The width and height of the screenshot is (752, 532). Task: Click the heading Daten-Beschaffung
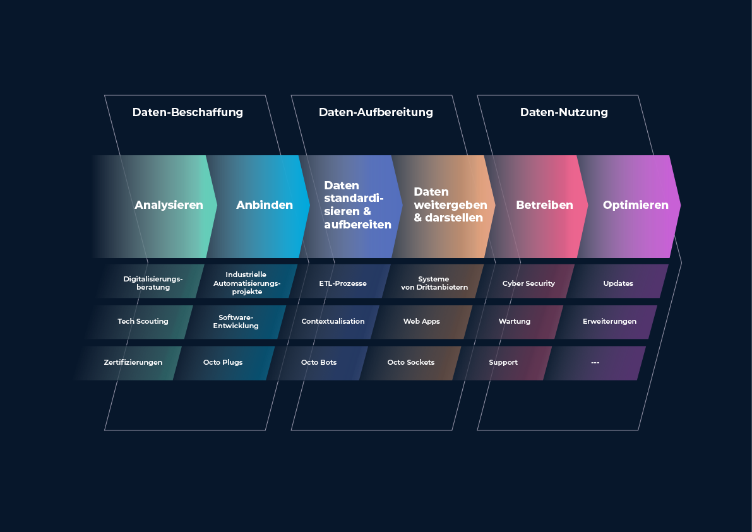coord(188,112)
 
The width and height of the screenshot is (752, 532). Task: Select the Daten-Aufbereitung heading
coord(376,112)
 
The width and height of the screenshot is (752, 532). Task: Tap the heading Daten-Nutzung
coord(564,112)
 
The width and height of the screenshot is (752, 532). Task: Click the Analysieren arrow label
coord(169,205)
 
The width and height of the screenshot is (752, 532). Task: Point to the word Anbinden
coord(265,204)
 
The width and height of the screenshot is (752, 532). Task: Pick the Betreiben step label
coord(544,204)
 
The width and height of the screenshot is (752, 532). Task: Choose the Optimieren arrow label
coord(635,205)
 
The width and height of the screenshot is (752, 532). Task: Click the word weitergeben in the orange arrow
coord(450,204)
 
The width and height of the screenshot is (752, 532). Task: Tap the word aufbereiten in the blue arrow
coord(358,224)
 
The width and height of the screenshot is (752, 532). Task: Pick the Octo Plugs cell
coord(224,363)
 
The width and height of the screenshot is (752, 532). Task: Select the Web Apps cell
coord(422,322)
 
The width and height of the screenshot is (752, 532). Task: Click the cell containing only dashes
coord(595,363)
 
